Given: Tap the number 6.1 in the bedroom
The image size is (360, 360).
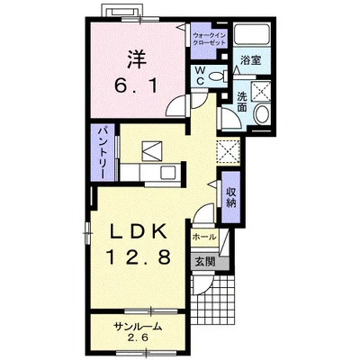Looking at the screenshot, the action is coord(136,86).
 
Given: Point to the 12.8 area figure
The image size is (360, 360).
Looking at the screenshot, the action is coord(138,257).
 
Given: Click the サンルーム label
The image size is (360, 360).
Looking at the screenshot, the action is coord(138,327).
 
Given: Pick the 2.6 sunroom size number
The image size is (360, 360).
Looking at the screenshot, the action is coord(138,337).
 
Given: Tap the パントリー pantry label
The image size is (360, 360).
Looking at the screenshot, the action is coord(103,152).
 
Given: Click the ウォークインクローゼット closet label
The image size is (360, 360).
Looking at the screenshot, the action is coord(210,39).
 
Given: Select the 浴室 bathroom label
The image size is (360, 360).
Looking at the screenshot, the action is coord(250,60).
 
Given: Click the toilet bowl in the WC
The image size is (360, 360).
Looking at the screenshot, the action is coord(217,76).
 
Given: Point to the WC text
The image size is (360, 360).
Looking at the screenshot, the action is coord(200,76).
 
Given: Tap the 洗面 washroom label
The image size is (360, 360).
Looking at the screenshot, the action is coord(242,103).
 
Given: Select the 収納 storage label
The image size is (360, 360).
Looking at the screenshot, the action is coord(231,197).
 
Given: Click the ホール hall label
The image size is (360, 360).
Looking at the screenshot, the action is coord(203,237).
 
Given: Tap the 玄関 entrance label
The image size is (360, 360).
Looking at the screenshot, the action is coord(205,262).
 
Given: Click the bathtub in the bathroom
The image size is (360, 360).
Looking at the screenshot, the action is coord(252,34).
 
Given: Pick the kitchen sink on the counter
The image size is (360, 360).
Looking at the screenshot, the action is coord(167,173).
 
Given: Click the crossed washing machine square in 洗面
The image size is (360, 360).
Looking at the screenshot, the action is coord(261,91).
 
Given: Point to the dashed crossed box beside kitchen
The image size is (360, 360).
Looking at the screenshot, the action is coord(228,151).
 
